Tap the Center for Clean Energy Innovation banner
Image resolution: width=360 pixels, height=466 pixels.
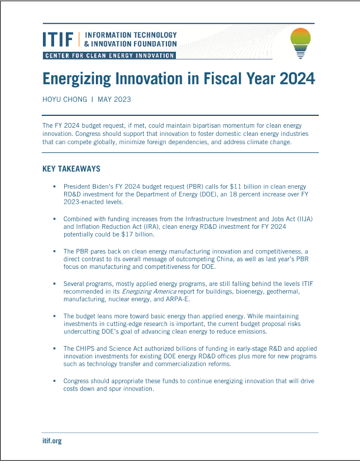point(109,55)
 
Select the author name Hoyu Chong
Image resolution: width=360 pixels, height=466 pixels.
point(64,99)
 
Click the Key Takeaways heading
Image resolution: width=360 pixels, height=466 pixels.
point(71,169)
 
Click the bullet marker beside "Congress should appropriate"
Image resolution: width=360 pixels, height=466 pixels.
point(53,381)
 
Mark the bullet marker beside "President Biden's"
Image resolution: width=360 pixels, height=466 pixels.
point(53,187)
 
